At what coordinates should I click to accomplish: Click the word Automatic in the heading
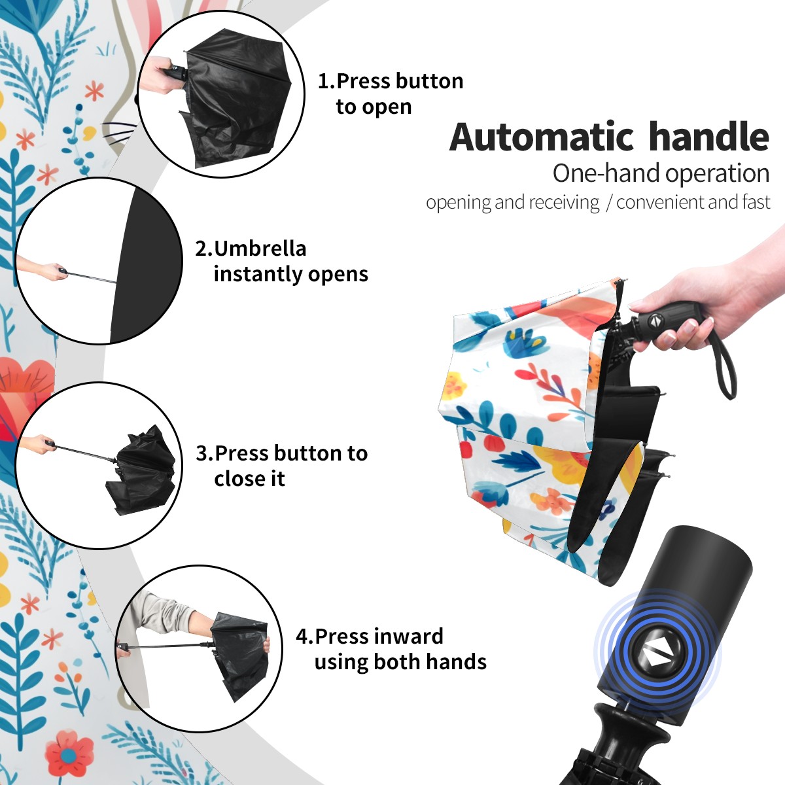coord(542,137)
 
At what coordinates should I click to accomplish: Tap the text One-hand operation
coord(661,174)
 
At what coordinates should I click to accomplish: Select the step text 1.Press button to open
coord(391,94)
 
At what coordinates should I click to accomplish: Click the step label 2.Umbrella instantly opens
coord(281,262)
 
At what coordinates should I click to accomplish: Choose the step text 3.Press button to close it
coord(281,466)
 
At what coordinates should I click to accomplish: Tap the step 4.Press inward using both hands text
coord(391,660)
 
